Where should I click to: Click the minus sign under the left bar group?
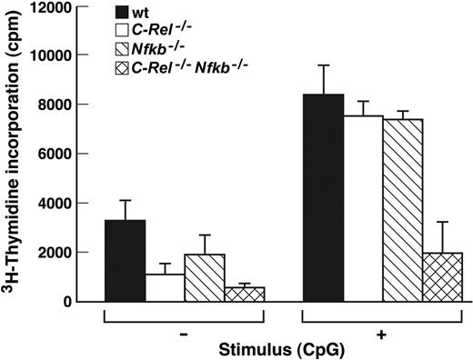(184, 334)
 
